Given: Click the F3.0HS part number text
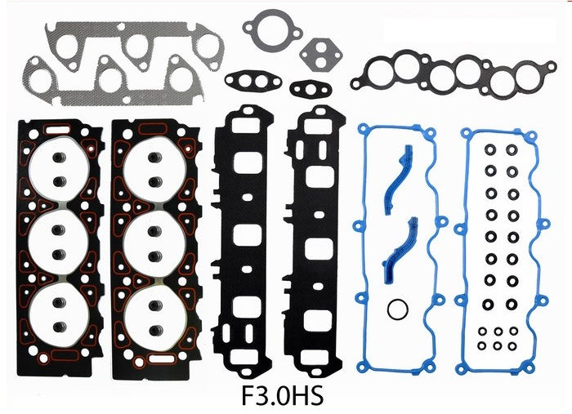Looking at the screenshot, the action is tap(282, 396).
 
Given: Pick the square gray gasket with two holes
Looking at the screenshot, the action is tap(320, 55).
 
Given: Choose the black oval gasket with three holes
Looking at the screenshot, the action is tap(252, 81).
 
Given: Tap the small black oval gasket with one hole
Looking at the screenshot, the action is tap(311, 88).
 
